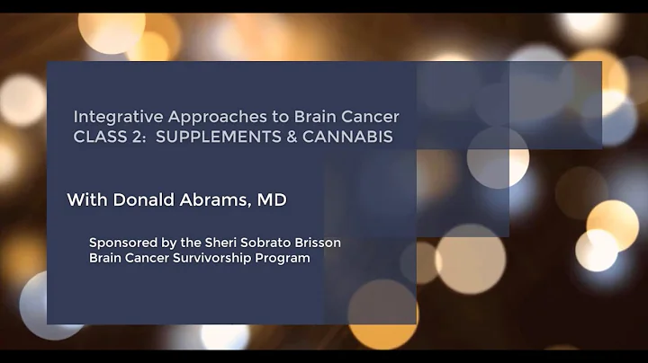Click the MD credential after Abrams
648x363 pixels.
pos(273,199)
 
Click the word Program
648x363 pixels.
pos(283,258)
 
